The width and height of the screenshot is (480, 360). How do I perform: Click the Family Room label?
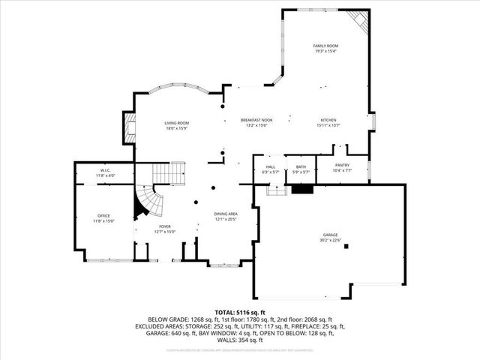pyautogui.click(x=325, y=46)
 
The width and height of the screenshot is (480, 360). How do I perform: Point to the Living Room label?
pyautogui.click(x=177, y=123)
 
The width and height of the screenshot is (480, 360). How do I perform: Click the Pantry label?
pyautogui.click(x=342, y=166)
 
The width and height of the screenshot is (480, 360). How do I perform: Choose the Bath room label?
pyautogui.click(x=301, y=167)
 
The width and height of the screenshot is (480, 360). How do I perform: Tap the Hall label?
pyautogui.click(x=271, y=167)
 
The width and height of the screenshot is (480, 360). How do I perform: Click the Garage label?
pyautogui.click(x=330, y=235)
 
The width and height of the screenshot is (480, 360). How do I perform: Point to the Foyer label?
pyautogui.click(x=164, y=226)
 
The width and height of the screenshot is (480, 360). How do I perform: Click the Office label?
pyautogui.click(x=103, y=216)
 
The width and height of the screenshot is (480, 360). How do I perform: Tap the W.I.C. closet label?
pyautogui.click(x=105, y=170)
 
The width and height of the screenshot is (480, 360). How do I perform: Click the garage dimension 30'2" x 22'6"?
pyautogui.click(x=330, y=240)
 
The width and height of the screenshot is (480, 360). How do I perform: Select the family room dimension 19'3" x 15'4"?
pyautogui.click(x=325, y=51)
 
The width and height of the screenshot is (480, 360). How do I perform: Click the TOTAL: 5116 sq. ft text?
pyautogui.click(x=239, y=311)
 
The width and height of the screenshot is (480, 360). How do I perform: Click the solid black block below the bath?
pyautogui.click(x=302, y=189)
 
